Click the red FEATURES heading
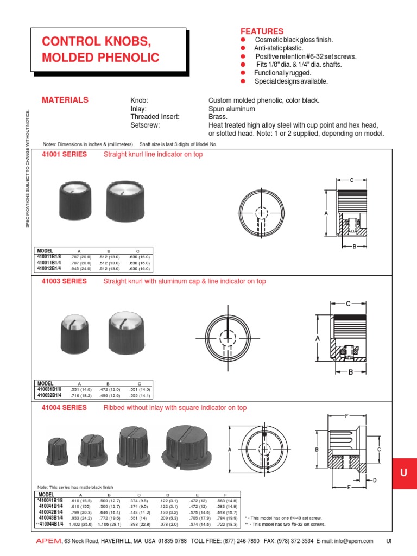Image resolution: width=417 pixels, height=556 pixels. [x=262, y=31]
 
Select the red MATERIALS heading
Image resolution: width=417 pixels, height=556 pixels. [x=65, y=100]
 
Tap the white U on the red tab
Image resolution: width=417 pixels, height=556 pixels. [x=403, y=473]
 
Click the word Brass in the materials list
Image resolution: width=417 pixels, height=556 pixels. [x=218, y=117]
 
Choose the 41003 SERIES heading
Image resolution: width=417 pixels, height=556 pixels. [x=64, y=281]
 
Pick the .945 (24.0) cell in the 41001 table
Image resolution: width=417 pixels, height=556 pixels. [x=79, y=268]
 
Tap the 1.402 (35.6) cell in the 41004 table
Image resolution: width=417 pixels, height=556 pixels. [x=79, y=525]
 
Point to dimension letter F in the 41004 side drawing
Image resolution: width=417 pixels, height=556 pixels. [x=346, y=415]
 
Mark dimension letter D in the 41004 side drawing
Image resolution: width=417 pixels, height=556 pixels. [x=375, y=480]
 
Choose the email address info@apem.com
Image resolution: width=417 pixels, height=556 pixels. [x=352, y=541]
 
